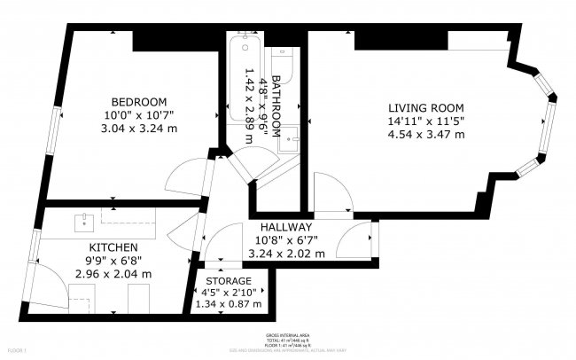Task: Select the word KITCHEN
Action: (113, 247)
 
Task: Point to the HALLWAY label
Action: (286, 227)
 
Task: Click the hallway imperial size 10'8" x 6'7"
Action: (286, 239)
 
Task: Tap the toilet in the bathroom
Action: (285, 58)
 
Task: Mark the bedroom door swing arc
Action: (182, 177)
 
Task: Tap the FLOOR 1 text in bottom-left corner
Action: (15, 352)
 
